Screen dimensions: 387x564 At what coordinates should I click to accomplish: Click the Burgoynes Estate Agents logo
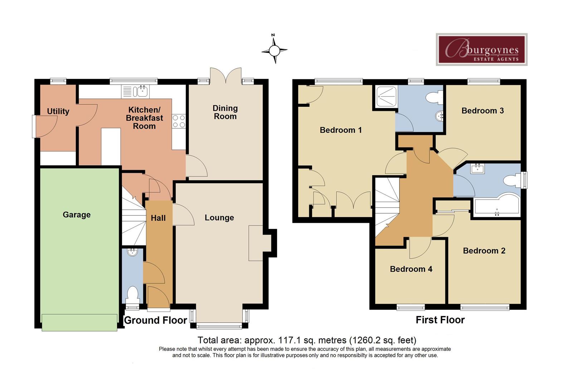[x=481, y=49]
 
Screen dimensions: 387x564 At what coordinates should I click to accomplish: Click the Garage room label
[x=77, y=215]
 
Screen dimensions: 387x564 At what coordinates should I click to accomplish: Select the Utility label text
[x=58, y=111]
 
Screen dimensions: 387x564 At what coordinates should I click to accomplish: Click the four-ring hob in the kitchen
[x=179, y=121]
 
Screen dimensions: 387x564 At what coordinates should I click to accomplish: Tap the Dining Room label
[x=225, y=112]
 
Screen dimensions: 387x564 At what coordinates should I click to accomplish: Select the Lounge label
[x=219, y=218]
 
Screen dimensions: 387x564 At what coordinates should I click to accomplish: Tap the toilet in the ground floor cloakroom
[x=133, y=294]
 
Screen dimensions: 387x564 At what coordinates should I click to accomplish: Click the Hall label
[x=158, y=218]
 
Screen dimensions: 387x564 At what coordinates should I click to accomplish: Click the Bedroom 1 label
[x=341, y=130]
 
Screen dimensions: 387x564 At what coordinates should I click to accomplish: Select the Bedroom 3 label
[x=482, y=111]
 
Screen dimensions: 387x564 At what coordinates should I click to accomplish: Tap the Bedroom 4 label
[x=411, y=269]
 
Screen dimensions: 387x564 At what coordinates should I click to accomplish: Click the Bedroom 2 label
[x=484, y=251]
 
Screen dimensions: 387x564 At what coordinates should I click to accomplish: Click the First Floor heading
[x=440, y=320]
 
